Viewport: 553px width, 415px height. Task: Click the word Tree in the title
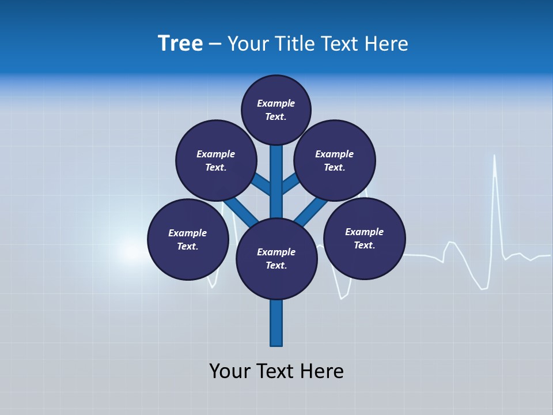coord(180,44)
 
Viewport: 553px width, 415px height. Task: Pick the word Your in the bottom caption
coord(230,371)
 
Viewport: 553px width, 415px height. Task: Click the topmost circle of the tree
coord(276,110)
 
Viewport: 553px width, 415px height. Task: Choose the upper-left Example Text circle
coord(215,160)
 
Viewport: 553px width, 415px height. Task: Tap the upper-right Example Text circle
coord(335,160)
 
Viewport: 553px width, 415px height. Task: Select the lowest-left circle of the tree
coord(188,239)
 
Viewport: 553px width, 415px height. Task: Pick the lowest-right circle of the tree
coord(364,238)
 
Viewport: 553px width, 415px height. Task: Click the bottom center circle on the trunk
coord(276,259)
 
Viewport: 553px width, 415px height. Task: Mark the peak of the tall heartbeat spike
coord(494,156)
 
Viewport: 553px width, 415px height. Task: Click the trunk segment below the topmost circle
coord(276,173)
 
